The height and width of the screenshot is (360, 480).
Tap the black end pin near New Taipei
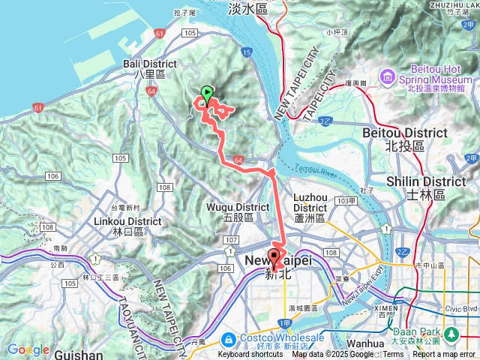coord(273,259)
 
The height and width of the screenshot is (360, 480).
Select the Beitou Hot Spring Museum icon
coord(387,76)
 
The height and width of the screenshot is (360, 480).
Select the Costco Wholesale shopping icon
coord(231,337)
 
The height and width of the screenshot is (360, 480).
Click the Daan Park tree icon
coord(451,332)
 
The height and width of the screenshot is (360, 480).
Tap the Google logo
coord(28,349)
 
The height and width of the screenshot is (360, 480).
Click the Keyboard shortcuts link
coord(250,355)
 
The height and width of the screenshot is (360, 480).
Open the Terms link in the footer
coord(393,355)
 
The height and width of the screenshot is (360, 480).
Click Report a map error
coord(443,355)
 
